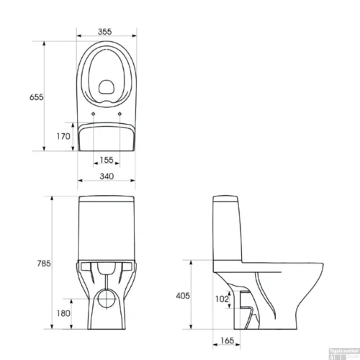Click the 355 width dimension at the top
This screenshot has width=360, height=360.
105,32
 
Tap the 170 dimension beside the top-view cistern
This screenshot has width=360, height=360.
63,136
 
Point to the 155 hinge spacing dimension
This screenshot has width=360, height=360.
106,161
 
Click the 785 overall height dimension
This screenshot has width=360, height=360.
43,264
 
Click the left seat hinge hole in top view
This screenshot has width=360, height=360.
94,112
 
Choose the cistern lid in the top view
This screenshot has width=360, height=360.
106,137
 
